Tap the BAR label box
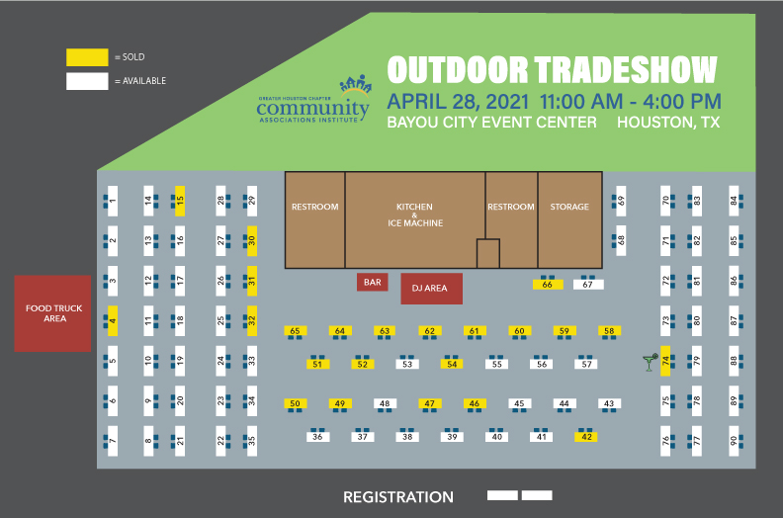(x=373, y=283)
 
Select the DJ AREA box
(x=430, y=289)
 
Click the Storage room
(x=569, y=219)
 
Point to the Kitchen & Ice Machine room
(x=414, y=219)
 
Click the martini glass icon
(x=649, y=362)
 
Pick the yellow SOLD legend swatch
(x=86, y=57)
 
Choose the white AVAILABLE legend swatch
(x=86, y=81)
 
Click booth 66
(x=547, y=285)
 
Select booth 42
(x=587, y=437)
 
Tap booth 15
(x=180, y=202)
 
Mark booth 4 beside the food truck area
(x=113, y=320)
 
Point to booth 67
(x=588, y=285)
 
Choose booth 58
(x=610, y=331)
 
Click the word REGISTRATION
(x=397, y=497)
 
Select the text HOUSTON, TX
(x=667, y=123)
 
